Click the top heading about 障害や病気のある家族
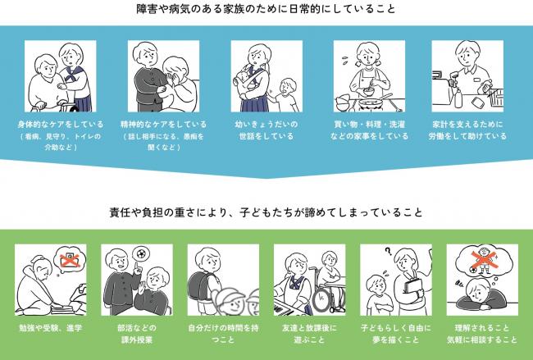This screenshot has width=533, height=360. [x=266, y=10]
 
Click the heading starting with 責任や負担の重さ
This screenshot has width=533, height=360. [x=266, y=212]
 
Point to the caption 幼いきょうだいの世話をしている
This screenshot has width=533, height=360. [x=266, y=130]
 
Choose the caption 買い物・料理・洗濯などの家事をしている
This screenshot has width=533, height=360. [x=370, y=130]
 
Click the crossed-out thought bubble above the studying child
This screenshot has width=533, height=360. [x=70, y=261]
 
